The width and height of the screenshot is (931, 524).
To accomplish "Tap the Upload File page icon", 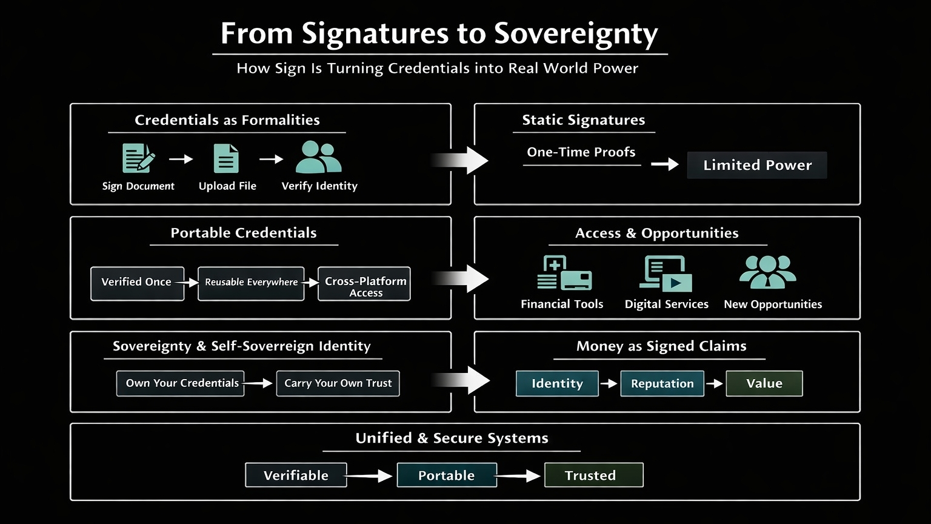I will click(x=226, y=158).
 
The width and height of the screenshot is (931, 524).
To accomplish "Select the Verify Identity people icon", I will click(x=319, y=157).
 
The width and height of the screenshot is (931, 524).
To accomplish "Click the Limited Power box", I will click(x=757, y=165).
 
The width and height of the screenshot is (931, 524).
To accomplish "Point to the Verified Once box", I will click(x=137, y=283).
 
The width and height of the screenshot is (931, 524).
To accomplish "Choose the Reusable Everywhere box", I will click(x=251, y=283).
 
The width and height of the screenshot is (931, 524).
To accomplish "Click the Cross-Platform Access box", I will click(x=365, y=284).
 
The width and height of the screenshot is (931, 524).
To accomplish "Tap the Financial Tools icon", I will click(x=564, y=274).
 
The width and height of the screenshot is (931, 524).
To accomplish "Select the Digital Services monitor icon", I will click(x=666, y=274).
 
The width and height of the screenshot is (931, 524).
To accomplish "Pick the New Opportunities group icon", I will click(x=767, y=272).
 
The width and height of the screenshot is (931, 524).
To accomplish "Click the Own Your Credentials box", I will click(x=181, y=383).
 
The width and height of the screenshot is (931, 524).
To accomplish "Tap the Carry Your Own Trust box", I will click(x=338, y=383).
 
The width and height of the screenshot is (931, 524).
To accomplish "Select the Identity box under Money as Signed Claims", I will click(x=557, y=383).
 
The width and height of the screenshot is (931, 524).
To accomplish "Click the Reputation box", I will click(x=662, y=383).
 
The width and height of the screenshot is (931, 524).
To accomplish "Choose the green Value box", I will click(x=764, y=383).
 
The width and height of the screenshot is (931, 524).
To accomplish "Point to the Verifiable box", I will click(x=296, y=475).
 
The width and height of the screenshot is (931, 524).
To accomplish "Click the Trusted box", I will click(x=593, y=475).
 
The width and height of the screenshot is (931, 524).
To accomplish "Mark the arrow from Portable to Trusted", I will click(x=519, y=476).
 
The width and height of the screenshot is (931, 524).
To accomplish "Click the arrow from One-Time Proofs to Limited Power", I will click(x=664, y=164).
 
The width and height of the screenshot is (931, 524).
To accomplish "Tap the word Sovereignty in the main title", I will click(x=576, y=34).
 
